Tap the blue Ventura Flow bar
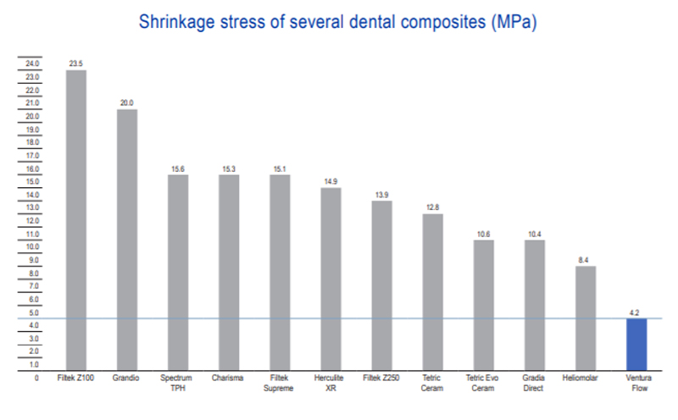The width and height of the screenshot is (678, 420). [636, 343]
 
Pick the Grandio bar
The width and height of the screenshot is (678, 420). [127, 238]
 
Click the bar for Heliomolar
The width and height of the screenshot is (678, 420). [585, 317]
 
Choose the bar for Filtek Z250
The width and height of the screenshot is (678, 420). [381, 284]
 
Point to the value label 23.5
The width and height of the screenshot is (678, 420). [76, 63]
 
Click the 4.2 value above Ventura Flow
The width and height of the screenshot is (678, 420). [636, 312]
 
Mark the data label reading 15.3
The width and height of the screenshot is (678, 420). [229, 168]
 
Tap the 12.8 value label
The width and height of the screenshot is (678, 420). [432, 207]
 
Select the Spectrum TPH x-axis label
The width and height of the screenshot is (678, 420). [178, 381]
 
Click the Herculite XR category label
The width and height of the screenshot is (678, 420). [331, 381]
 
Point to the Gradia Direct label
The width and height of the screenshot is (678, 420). [534, 381]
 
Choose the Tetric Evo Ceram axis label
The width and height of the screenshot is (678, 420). [483, 381]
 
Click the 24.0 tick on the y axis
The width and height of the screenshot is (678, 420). [32, 64]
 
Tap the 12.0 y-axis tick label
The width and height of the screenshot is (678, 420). [32, 221]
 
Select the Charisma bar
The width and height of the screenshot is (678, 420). [229, 271]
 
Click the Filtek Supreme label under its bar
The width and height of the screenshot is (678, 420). [280, 381]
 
